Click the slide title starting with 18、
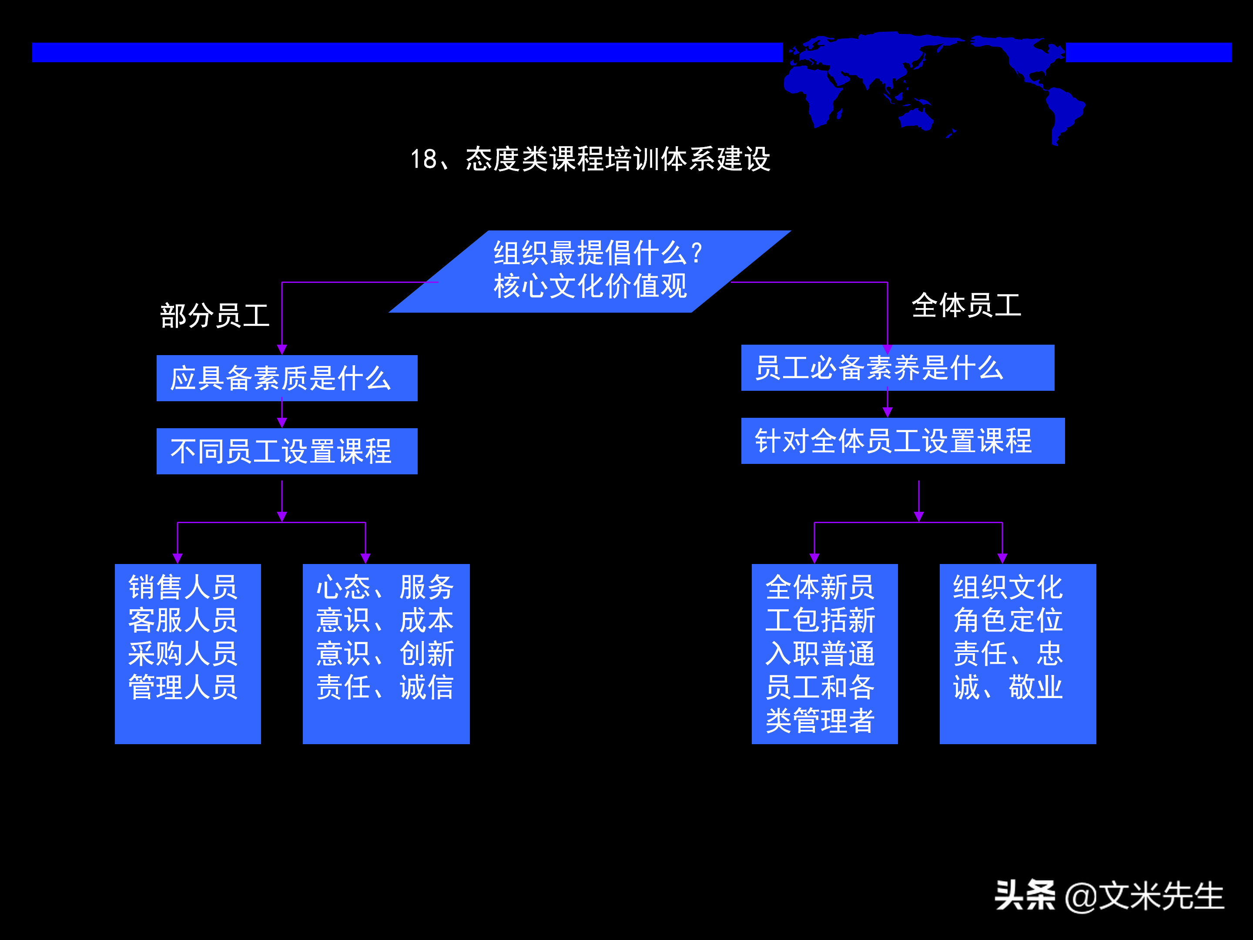pyautogui.click(x=590, y=159)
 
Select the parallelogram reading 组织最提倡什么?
pyautogui.click(x=590, y=271)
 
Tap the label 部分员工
pyautogui.click(x=214, y=316)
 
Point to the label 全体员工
pyautogui.click(x=966, y=305)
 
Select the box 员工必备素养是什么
pyautogui.click(x=897, y=368)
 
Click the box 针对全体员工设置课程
pyautogui.click(x=902, y=441)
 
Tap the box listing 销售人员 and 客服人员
pyautogui.click(x=188, y=653)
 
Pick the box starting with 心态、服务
pyautogui.click(x=386, y=653)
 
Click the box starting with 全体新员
pyautogui.click(x=824, y=653)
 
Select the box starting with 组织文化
pyautogui.click(x=1017, y=653)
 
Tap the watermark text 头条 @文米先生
pyautogui.click(x=1109, y=896)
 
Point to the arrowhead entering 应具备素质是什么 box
pyautogui.click(x=282, y=349)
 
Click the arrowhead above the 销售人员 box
pyautogui.click(x=178, y=558)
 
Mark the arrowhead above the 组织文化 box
pyautogui.click(x=1002, y=558)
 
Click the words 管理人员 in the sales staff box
pyautogui.click(x=182, y=687)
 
